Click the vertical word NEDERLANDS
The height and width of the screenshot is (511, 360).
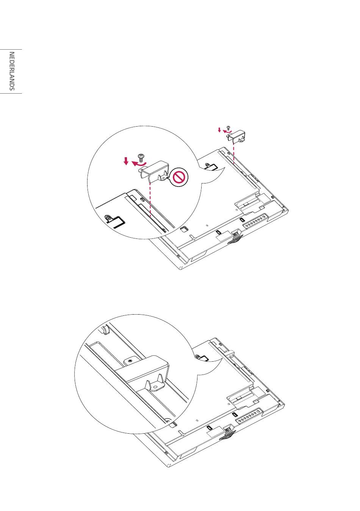12,71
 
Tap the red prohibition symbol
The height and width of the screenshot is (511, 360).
180,177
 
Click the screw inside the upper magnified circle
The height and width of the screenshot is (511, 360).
141,158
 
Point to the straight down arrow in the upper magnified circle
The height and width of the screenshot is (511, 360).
126,161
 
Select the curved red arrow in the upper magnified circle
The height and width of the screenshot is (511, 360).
139,163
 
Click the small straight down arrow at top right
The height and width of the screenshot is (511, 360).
219,130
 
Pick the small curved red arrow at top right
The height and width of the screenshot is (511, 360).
227,131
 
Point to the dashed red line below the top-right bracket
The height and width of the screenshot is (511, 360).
234,154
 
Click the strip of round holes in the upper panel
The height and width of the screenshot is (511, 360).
255,221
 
